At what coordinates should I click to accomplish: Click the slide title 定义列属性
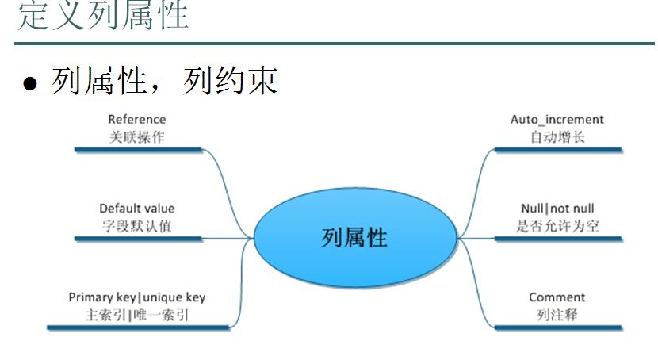(103, 15)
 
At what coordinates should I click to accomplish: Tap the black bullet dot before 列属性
(30, 83)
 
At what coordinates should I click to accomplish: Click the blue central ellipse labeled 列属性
(355, 237)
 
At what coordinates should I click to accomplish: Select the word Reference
(137, 120)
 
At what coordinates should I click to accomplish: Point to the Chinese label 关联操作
(137, 137)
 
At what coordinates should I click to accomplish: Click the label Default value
(137, 209)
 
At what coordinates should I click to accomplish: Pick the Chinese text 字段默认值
(137, 226)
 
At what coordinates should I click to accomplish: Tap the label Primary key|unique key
(137, 297)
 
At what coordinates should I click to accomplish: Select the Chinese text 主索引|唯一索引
(137, 315)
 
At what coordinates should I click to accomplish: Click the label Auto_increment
(557, 120)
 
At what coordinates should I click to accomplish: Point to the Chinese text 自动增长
(557, 137)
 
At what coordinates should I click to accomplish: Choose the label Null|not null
(557, 209)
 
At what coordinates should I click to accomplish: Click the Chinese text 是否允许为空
(557, 226)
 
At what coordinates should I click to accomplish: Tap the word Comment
(557, 297)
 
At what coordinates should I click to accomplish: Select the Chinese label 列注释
(557, 315)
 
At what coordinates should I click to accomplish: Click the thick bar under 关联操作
(138, 150)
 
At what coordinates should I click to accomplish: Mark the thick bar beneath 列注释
(558, 328)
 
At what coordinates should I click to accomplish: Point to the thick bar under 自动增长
(558, 150)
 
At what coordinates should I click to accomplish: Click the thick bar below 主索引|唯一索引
(139, 327)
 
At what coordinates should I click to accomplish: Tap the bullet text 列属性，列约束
(165, 81)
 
